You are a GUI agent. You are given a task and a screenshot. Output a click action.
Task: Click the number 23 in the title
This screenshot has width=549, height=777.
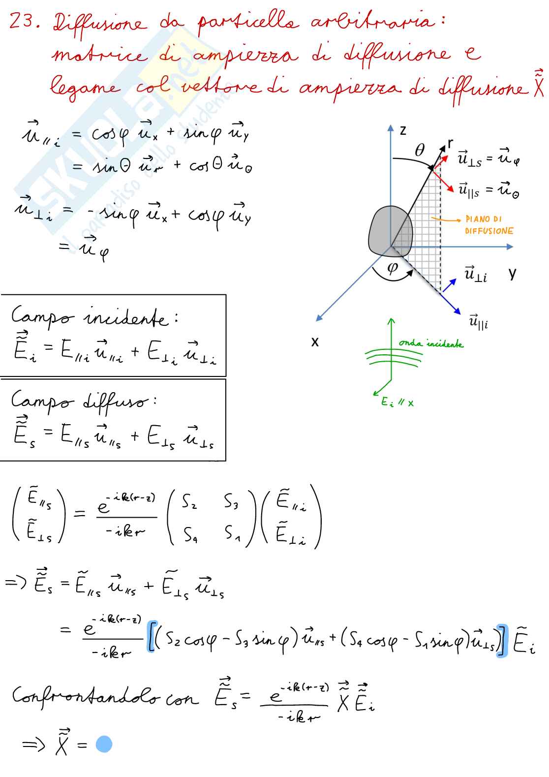tap(22, 21)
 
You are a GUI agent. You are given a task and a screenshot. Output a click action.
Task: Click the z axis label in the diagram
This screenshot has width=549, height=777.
tap(403, 130)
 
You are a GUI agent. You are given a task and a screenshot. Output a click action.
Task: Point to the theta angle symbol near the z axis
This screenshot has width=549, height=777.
tap(420, 150)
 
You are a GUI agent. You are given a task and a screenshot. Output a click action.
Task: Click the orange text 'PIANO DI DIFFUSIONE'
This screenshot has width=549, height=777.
tap(489, 225)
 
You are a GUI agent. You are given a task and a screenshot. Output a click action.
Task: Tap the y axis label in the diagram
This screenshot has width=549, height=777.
tap(513, 274)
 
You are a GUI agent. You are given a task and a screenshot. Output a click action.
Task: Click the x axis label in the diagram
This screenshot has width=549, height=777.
tap(315, 342)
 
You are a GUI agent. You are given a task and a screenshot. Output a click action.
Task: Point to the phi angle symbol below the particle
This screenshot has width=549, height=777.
tap(393, 268)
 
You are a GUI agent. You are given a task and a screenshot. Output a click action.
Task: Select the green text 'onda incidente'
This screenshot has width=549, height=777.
tap(430, 343)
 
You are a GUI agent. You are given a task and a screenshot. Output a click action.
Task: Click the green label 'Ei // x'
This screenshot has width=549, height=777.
tap(397, 403)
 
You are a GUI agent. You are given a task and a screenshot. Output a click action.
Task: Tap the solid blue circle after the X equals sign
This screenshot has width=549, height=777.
tap(104, 744)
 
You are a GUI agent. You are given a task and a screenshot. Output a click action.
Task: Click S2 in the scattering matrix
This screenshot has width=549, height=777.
tap(189, 501)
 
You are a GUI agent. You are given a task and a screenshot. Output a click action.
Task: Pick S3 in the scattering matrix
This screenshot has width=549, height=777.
tap(231, 501)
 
